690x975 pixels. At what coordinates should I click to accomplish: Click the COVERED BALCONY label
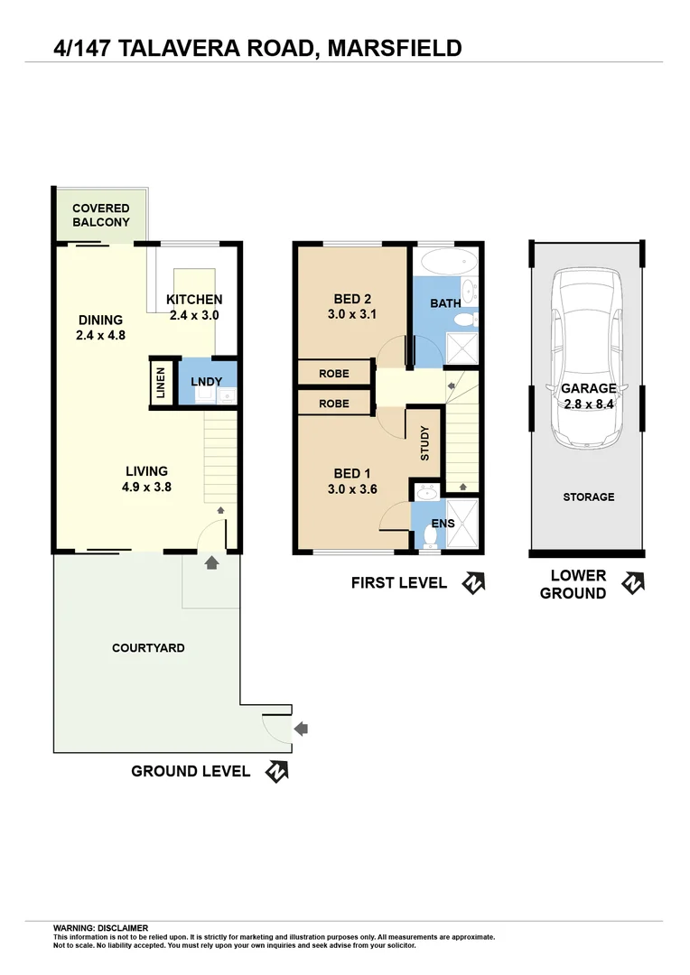pyautogui.click(x=101, y=215)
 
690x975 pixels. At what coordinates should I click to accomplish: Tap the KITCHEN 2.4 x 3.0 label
pyautogui.click(x=195, y=308)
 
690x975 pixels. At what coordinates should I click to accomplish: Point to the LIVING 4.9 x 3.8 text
pyautogui.click(x=146, y=478)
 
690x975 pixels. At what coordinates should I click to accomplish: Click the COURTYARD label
pyautogui.click(x=148, y=648)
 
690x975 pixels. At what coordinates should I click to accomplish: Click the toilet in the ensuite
pyautogui.click(x=430, y=537)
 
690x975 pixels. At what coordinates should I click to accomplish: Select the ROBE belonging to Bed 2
pyautogui.click(x=334, y=373)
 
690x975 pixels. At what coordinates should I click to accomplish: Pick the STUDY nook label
pyautogui.click(x=425, y=444)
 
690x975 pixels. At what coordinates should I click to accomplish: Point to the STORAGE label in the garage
pyautogui.click(x=588, y=497)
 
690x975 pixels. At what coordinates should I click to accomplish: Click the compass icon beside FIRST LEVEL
pyautogui.click(x=473, y=583)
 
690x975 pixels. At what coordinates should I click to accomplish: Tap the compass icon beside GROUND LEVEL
pyautogui.click(x=276, y=772)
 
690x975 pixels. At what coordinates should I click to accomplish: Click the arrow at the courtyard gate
pyautogui.click(x=301, y=728)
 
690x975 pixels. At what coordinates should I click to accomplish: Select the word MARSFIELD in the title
pyautogui.click(x=395, y=47)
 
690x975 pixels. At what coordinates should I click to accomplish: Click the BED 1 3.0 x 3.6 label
pyautogui.click(x=355, y=482)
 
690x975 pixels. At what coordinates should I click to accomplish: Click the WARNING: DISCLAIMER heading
pyautogui.click(x=100, y=928)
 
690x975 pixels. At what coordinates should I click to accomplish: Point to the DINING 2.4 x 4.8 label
pyautogui.click(x=100, y=328)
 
